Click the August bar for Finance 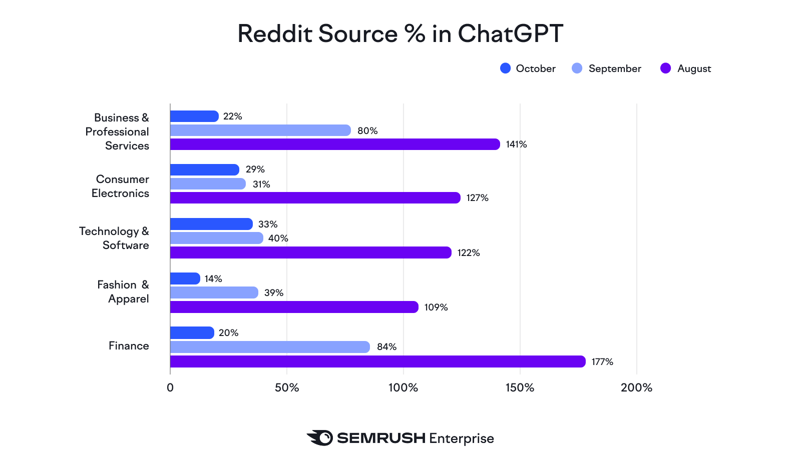click(x=377, y=361)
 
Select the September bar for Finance click(x=270, y=347)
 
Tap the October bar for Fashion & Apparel click(x=185, y=278)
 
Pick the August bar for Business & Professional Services click(x=335, y=144)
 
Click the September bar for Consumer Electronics click(x=208, y=184)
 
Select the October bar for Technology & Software click(x=211, y=224)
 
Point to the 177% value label click(x=602, y=361)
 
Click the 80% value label click(x=367, y=130)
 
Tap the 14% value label click(x=213, y=278)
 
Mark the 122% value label click(x=469, y=252)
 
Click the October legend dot click(x=506, y=68)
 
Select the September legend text click(x=615, y=68)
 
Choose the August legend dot click(x=665, y=68)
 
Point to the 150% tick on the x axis click(x=520, y=387)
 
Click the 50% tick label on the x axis click(x=287, y=387)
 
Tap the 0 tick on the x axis click(x=170, y=387)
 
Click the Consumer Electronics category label click(x=120, y=186)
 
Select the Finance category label click(x=129, y=345)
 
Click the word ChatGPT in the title click(x=510, y=34)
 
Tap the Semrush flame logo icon click(x=320, y=438)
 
